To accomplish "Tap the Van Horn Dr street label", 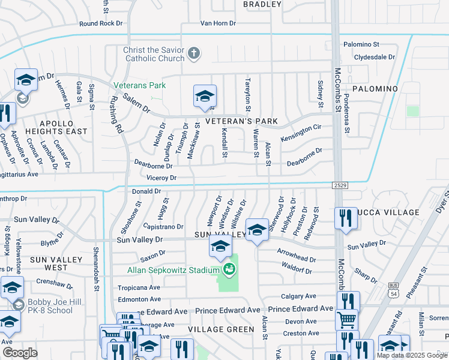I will pos(218,24).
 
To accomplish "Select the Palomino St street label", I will pos(362,44).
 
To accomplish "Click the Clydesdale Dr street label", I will pos(375,58).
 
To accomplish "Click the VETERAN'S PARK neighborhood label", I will pos(241,121).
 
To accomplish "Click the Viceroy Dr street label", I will pos(161,178).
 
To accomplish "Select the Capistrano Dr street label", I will pos(163,227).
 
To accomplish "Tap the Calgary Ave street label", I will pos(299,296).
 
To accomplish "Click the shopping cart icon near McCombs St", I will pos(346,320).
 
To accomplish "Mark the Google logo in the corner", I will pos(20,353).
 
